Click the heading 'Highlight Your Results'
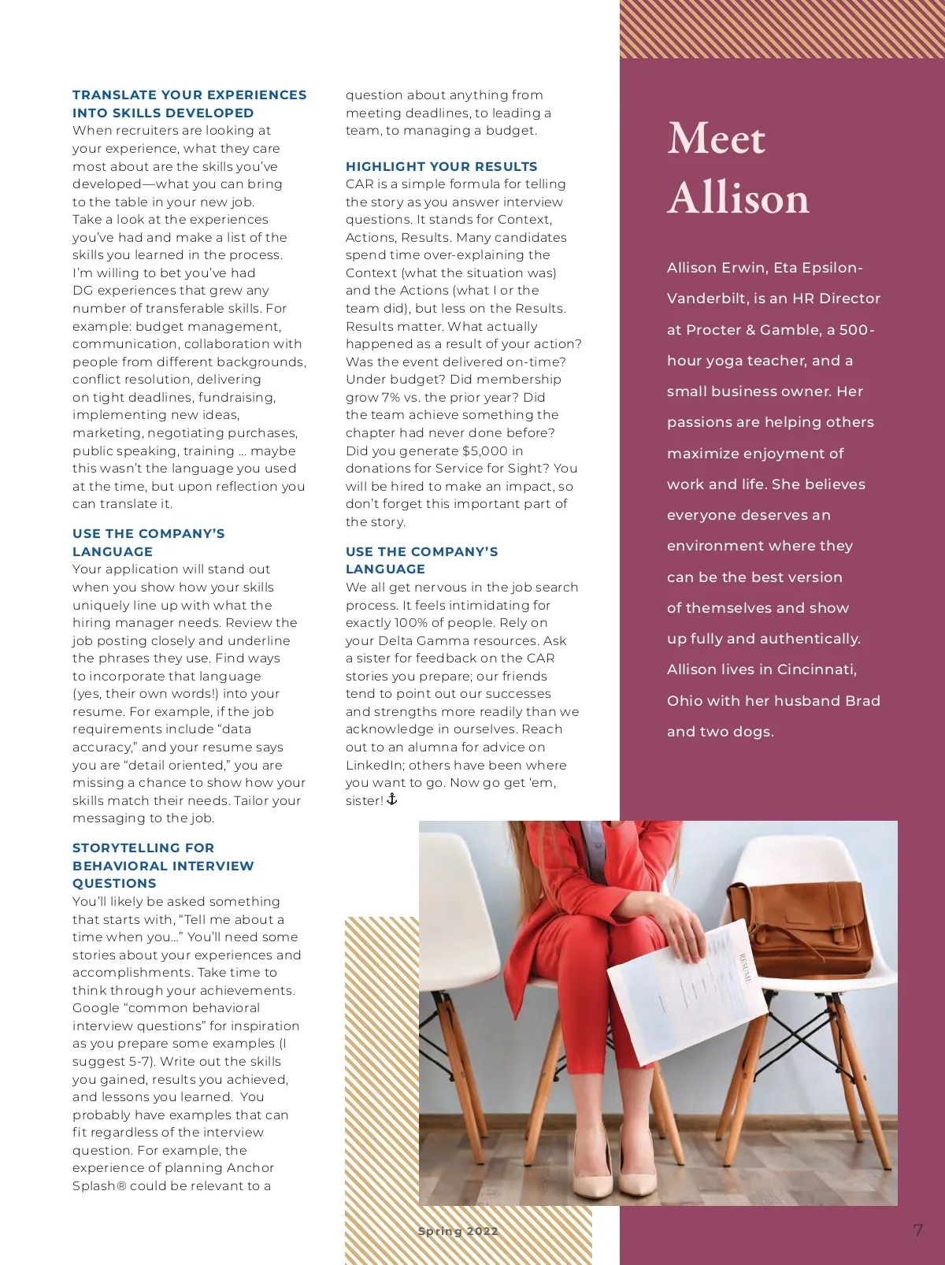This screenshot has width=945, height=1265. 441,166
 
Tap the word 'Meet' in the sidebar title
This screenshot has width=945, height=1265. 716,139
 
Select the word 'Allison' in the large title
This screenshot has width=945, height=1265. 738,198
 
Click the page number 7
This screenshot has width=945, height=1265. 917,1230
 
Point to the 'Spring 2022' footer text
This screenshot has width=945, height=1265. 458,1231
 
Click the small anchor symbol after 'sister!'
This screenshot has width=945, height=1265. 392,799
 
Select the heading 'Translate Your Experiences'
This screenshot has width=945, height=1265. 189,95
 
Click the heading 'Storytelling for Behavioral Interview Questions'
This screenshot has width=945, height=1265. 163,866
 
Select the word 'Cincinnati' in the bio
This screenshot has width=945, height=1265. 816,670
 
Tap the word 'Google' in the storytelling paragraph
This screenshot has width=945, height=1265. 95,1008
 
